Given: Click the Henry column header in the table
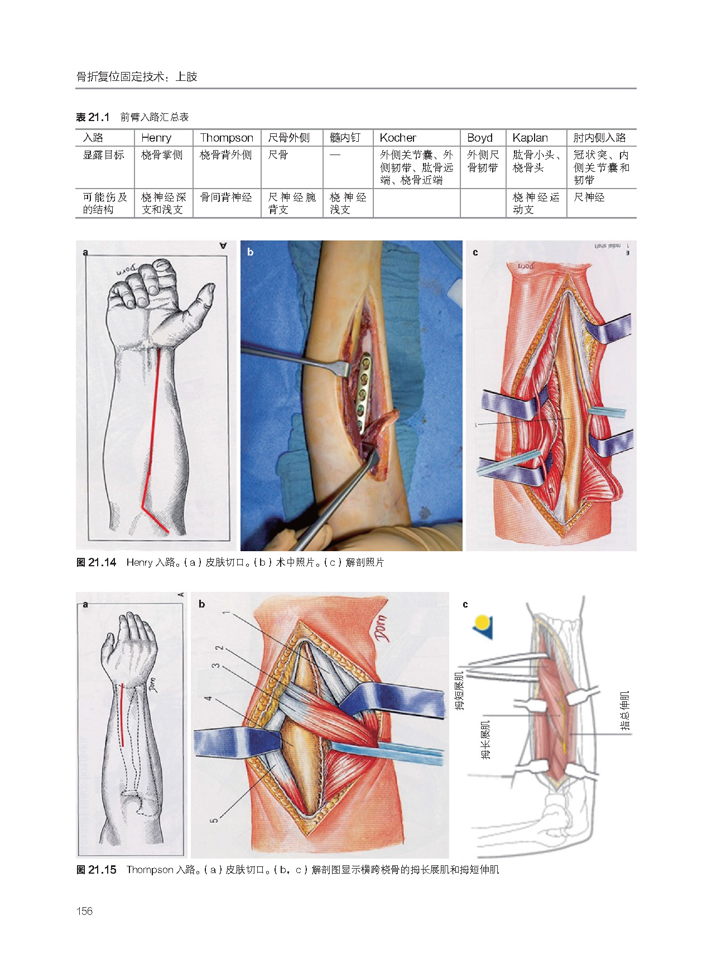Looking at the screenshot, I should [156, 138].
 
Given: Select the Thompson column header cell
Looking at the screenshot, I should [226, 138].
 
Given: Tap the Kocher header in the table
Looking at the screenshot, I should [398, 138].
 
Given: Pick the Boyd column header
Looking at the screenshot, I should [480, 138].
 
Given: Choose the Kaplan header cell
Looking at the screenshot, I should [530, 138].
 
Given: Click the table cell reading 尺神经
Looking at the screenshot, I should [589, 197].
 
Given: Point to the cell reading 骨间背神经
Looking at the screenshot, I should [226, 197].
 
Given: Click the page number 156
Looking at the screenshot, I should [84, 911].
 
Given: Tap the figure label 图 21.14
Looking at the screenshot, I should [96, 562].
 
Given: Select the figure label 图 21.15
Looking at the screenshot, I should [96, 870].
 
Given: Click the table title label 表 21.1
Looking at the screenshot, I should [93, 117].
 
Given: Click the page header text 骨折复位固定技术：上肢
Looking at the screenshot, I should [137, 77].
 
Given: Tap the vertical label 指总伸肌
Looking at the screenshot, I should [624, 711].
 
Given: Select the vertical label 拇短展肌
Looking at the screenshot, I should [459, 690].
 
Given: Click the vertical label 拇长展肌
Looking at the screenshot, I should [485, 740].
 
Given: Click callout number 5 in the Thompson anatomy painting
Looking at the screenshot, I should [214, 820].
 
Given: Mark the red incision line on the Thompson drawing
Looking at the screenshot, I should [122, 714].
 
